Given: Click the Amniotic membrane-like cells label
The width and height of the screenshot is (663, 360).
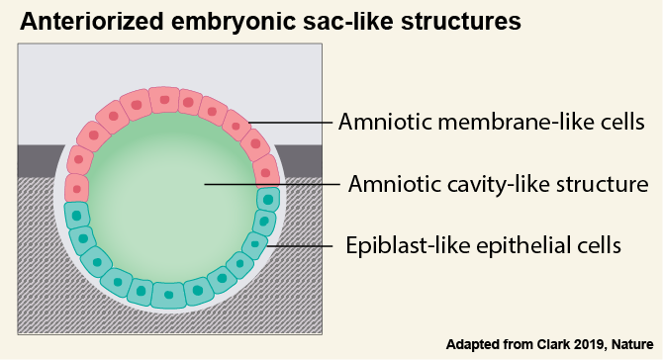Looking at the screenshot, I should pos(492,123).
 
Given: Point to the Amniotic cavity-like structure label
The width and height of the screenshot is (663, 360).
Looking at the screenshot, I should pos(498,184).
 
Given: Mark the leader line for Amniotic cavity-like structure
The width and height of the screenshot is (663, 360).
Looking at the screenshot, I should pos(267,184).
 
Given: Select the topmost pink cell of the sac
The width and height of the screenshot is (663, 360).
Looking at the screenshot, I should pos(163,100).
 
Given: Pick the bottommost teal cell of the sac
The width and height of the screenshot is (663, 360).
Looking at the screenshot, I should pos(169,294).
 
